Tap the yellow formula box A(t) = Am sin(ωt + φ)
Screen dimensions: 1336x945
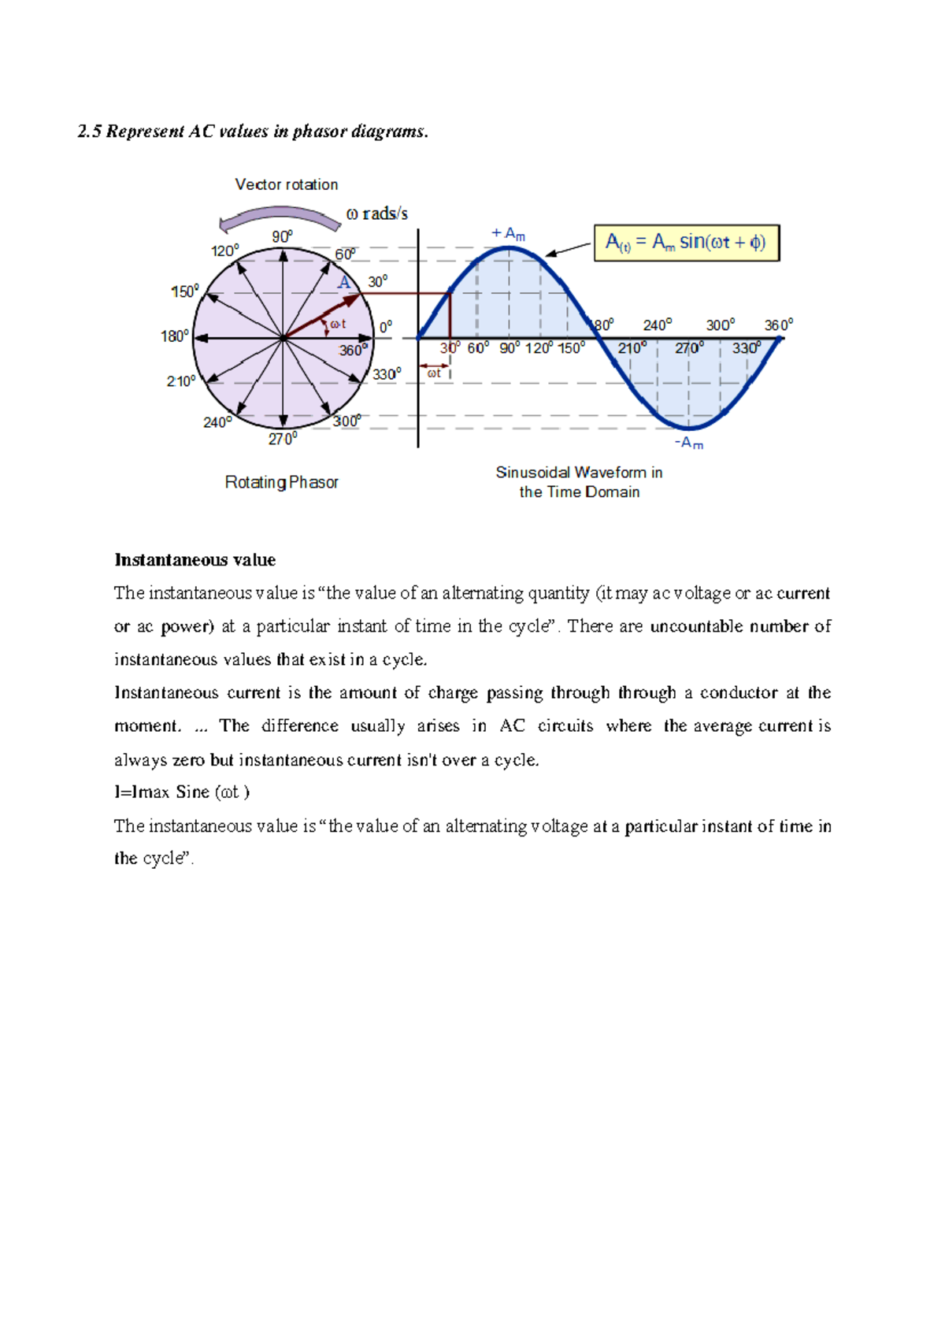pos(686,243)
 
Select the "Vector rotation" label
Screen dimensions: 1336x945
pos(286,184)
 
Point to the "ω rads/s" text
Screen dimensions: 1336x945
pos(376,213)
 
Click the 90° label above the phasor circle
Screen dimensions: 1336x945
pos(282,236)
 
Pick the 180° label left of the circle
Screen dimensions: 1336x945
pos(174,336)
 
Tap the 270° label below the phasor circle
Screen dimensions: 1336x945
pos(282,439)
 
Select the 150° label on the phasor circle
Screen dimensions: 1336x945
pos(185,292)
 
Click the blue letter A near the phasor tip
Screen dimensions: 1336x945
pos(344,283)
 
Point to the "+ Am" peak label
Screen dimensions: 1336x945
pos(508,234)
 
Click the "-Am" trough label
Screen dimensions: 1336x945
pos(689,443)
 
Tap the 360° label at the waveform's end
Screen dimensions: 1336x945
pos(778,325)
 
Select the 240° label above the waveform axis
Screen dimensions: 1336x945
pos(657,325)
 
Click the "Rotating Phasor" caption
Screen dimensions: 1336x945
pos(281,482)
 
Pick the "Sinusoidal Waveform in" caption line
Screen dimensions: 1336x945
pos(579,473)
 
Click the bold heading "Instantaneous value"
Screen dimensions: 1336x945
pos(195,560)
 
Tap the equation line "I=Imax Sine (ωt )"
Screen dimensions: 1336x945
pos(182,792)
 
